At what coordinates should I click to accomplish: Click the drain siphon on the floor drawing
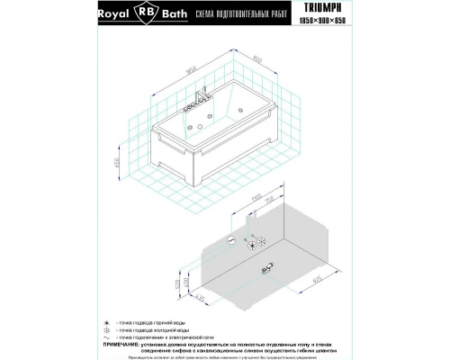[269, 266]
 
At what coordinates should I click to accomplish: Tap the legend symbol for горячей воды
[132, 319]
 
